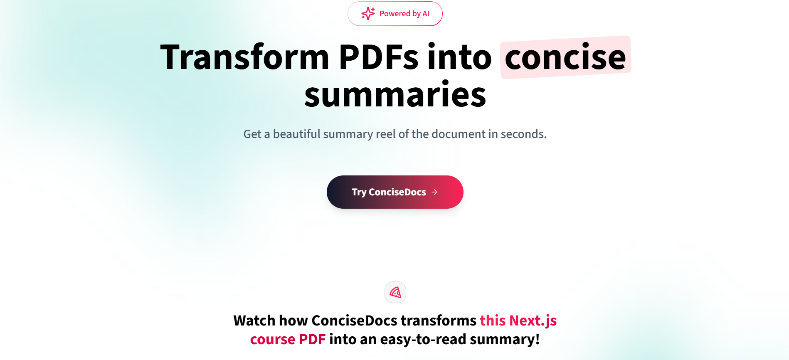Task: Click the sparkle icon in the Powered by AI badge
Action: pyautogui.click(x=368, y=14)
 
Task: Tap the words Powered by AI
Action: pyautogui.click(x=404, y=14)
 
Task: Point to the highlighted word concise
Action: pyautogui.click(x=565, y=57)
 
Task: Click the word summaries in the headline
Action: pyautogui.click(x=395, y=95)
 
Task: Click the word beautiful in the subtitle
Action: pyautogui.click(x=297, y=134)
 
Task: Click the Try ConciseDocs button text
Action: pyautogui.click(x=389, y=192)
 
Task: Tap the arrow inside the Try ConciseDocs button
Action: pyautogui.click(x=434, y=192)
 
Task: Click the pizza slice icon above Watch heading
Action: pyautogui.click(x=395, y=292)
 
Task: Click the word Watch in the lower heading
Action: pyautogui.click(x=254, y=321)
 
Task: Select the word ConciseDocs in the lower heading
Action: pyautogui.click(x=355, y=321)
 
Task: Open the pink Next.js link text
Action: pyautogui.click(x=533, y=321)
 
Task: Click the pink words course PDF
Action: pyautogui.click(x=288, y=339)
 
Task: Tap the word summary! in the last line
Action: pyautogui.click(x=505, y=340)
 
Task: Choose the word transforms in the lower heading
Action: pyautogui.click(x=439, y=321)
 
